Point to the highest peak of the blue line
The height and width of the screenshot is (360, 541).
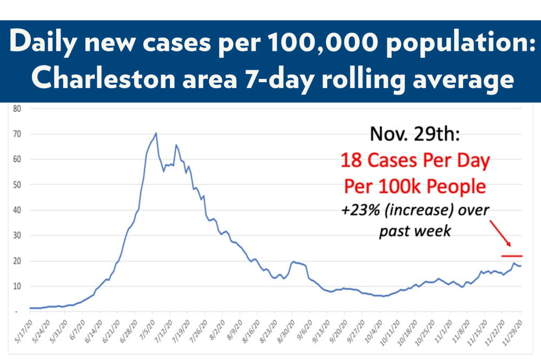click(156, 133)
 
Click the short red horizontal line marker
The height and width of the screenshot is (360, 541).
click(512, 256)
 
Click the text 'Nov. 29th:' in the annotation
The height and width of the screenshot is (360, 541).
click(415, 134)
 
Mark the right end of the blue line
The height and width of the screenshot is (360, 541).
click(521, 266)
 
